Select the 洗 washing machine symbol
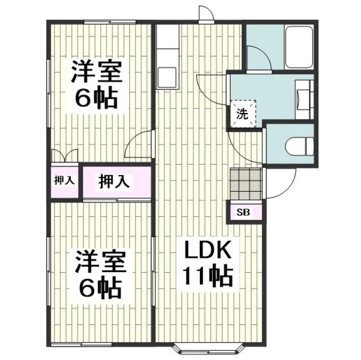click(241, 113)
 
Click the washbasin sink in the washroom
click(302, 96)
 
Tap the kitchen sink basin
click(167, 75)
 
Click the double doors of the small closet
click(65, 156)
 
